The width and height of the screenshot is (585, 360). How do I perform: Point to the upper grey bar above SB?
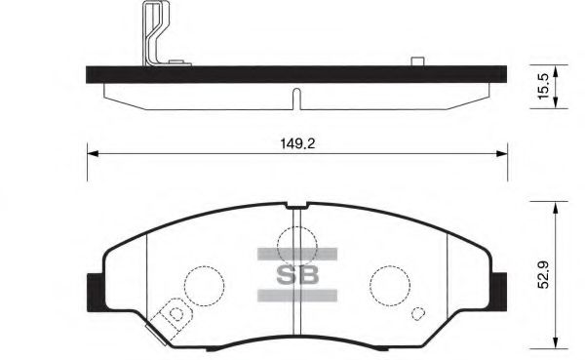(296, 254)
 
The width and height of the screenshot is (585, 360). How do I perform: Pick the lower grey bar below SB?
(296, 294)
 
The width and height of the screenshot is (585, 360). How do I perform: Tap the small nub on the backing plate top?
(416, 62)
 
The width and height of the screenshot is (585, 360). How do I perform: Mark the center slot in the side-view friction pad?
(295, 99)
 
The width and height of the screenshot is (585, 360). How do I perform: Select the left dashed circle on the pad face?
(205, 285)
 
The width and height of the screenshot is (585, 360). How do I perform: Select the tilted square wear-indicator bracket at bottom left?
(175, 314)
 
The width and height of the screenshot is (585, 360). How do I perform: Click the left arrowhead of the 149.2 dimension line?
(92, 151)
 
